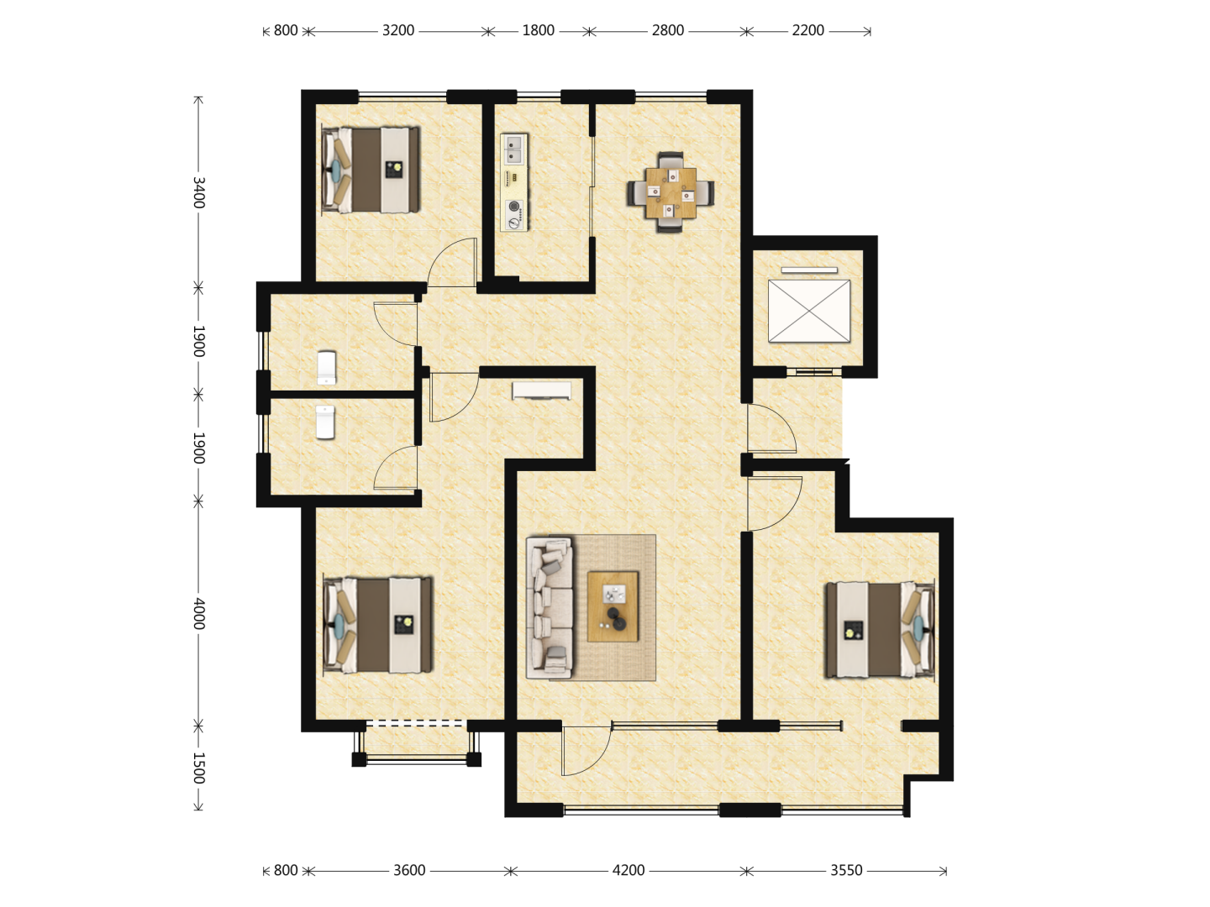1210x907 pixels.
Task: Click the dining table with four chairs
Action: point(670,192)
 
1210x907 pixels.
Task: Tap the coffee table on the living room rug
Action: point(613,606)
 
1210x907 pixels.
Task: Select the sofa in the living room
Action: point(550,607)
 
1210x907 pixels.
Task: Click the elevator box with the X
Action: point(808,311)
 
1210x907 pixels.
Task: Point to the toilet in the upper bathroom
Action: point(326,367)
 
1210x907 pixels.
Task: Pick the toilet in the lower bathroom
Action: point(325,422)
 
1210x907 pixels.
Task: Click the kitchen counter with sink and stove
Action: point(514,181)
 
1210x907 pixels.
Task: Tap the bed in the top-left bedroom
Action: point(371,170)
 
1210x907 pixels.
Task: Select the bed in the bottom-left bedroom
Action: point(378,625)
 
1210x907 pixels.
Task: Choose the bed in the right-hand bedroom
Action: point(880,630)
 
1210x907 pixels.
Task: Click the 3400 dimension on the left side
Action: point(199,193)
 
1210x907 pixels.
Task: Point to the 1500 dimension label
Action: point(199,768)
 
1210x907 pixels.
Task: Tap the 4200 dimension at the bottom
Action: point(629,870)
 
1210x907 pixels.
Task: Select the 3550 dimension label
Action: point(846,870)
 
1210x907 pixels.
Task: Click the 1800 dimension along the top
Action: point(538,30)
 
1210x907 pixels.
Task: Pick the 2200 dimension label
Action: point(808,30)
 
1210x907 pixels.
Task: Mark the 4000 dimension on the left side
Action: point(199,613)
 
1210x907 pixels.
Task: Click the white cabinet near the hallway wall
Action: point(541,391)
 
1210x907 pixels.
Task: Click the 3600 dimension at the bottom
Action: point(409,870)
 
